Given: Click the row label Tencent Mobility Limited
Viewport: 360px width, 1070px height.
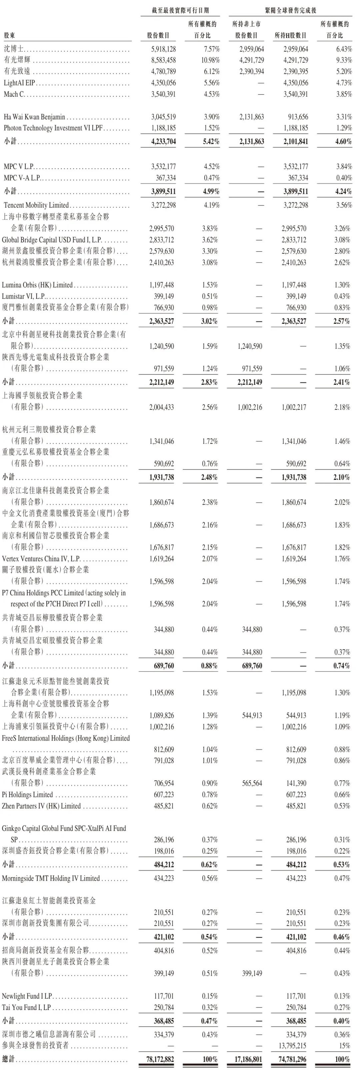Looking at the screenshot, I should (x=36, y=205).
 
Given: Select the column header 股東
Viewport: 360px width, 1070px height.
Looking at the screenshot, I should (x=10, y=36).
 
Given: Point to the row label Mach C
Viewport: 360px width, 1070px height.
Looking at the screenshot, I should (x=14, y=94).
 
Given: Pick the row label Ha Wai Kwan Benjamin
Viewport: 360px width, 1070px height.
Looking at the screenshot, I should (x=34, y=117).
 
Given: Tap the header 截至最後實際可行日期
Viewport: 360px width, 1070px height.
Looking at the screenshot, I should (x=180, y=10).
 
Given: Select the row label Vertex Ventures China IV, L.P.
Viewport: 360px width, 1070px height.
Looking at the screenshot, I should (x=41, y=559).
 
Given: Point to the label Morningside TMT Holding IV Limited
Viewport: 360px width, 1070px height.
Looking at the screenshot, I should (x=51, y=879).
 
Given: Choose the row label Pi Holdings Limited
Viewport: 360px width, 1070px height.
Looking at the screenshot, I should (x=27, y=795).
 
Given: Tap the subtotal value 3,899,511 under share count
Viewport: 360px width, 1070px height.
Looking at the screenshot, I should (x=162, y=191).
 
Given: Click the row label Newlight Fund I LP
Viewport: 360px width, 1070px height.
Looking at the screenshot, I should (x=27, y=996).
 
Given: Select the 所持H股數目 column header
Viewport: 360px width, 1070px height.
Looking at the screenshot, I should (x=290, y=36).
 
